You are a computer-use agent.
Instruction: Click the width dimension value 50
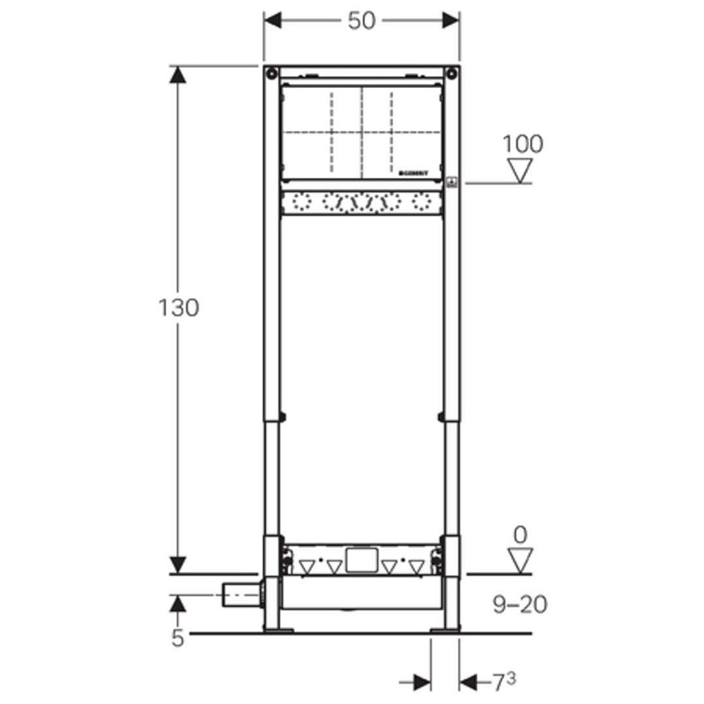coord(362,21)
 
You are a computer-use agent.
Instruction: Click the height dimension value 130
coord(179,307)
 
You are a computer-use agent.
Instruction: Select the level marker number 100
coord(522,144)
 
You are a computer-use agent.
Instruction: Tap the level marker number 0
coord(520,534)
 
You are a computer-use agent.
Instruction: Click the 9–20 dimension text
coord(520,605)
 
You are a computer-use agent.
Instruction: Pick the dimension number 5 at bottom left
coord(178,639)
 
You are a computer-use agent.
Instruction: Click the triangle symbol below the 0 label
coord(520,560)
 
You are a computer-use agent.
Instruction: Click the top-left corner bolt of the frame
coord(273,74)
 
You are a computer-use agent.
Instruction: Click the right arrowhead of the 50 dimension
coord(451,21)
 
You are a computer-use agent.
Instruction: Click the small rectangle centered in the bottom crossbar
coord(362,560)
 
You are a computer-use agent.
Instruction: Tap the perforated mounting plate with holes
coord(362,203)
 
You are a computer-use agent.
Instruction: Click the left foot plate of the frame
coord(276,628)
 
